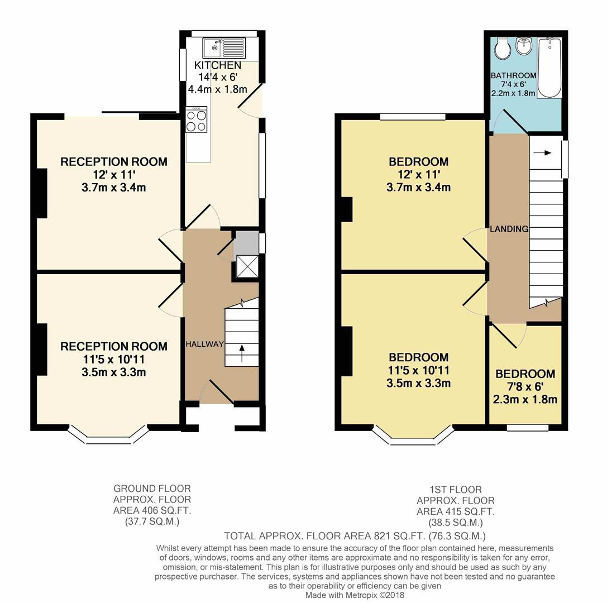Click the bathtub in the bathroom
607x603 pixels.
tap(549, 67)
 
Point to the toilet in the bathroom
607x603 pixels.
tap(503, 49)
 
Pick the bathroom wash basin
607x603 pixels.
tap(524, 47)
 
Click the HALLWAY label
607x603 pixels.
tap(204, 344)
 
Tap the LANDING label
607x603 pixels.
tap(509, 229)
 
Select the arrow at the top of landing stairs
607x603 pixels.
tap(544, 152)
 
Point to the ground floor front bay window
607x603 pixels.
tap(108, 438)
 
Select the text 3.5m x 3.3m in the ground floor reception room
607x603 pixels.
tap(114, 372)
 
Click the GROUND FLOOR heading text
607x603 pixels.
tap(152, 489)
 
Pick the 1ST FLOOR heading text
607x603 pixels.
tap(456, 490)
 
